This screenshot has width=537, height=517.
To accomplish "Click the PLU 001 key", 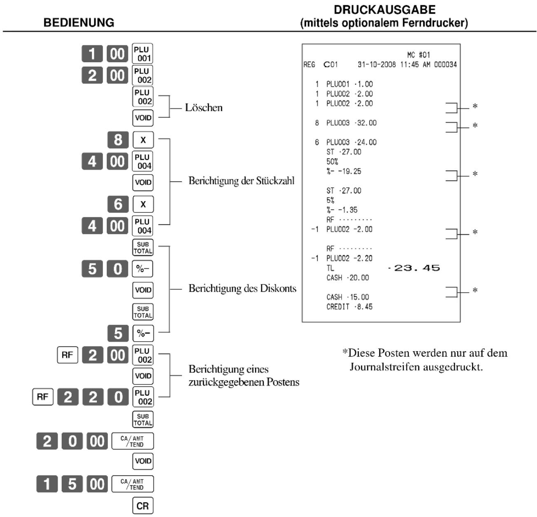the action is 142,54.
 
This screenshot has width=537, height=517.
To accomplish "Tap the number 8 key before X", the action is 118,140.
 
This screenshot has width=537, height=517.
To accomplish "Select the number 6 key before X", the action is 118,204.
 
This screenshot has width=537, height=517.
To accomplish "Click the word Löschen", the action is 204,107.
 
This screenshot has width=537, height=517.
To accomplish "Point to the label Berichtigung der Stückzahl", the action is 241,181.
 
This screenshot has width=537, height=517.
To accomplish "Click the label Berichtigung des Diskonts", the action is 242,288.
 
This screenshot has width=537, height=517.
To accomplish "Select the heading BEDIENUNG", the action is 79,23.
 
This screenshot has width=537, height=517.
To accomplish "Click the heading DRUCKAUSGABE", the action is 385,10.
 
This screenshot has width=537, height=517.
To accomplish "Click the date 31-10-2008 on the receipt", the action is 377,65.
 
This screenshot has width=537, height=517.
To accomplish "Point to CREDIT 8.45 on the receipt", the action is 349,307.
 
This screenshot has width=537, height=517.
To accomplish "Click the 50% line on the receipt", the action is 332,161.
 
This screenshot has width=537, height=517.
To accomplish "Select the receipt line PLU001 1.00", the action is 349,84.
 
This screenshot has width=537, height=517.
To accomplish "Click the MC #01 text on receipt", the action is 418,55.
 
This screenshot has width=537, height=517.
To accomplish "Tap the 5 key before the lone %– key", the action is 118,333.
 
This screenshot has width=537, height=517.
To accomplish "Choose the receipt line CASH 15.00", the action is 348,297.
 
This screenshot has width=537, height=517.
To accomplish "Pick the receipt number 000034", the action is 446,65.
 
